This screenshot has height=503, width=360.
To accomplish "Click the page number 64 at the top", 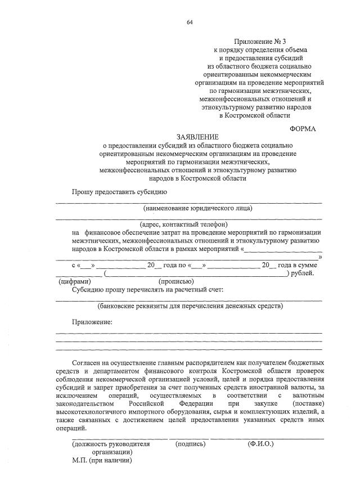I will tap(190, 22).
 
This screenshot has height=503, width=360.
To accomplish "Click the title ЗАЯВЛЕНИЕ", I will tap(198, 137).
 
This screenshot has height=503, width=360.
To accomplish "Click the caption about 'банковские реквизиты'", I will tap(190, 307).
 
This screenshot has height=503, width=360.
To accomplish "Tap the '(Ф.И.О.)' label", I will tap(260, 444).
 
